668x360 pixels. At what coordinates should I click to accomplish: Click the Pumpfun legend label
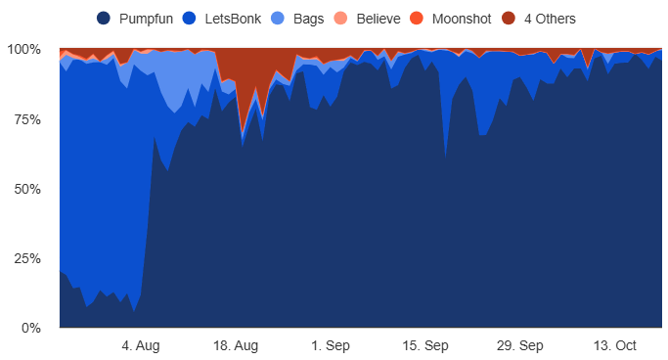tap(148, 19)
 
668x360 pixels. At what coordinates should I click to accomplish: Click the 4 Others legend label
tap(550, 19)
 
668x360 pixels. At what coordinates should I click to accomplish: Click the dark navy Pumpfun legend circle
tap(105, 19)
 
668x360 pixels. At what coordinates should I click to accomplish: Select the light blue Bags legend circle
tap(278, 19)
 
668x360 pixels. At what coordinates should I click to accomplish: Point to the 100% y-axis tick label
tap(23, 49)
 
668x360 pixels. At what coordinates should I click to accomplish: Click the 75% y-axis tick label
tap(26, 119)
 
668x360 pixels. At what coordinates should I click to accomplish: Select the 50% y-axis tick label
tap(26, 189)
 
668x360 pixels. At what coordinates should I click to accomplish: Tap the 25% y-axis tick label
tap(26, 258)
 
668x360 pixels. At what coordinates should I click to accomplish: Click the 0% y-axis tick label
tap(30, 328)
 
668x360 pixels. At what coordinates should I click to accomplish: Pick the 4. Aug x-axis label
tap(141, 345)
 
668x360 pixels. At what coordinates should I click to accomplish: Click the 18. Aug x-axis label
tap(236, 345)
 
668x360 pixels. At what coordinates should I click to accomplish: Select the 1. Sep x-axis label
tap(330, 345)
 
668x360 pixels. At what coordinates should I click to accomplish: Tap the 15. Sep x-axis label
tap(424, 345)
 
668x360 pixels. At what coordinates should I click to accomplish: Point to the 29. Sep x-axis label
tap(519, 345)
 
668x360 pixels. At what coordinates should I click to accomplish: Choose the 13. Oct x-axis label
tap(614, 345)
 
